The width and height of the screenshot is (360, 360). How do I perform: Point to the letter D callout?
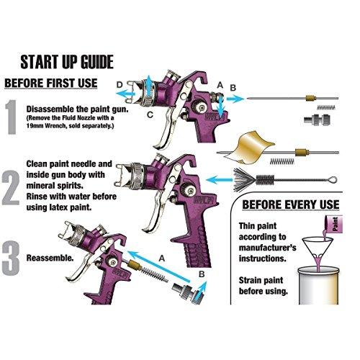tap(120, 85)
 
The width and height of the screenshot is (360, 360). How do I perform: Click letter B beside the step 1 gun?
tap(233, 88)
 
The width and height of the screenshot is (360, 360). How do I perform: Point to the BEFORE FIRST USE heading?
tap(52, 83)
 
